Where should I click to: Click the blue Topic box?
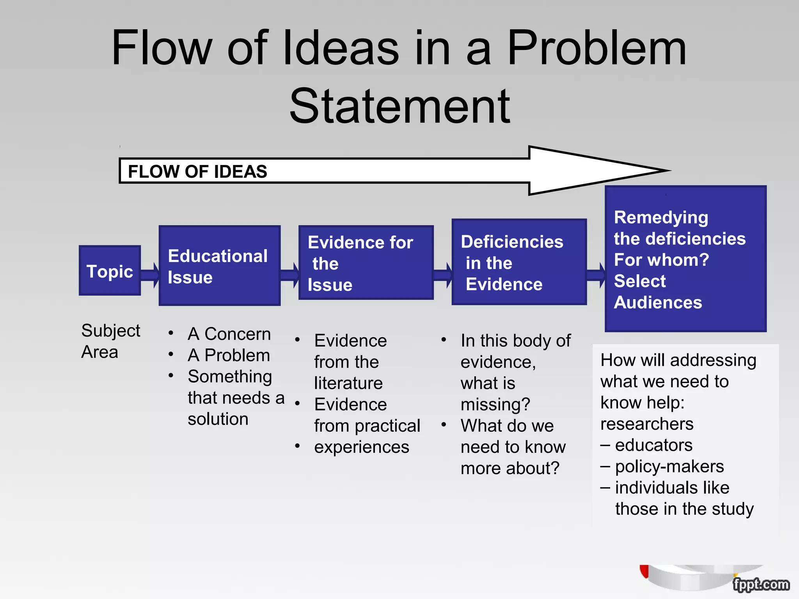(x=110, y=271)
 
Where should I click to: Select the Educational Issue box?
(x=219, y=266)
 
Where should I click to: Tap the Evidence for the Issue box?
(x=366, y=263)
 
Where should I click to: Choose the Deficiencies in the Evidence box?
(x=519, y=262)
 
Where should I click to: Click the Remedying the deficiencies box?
(x=685, y=259)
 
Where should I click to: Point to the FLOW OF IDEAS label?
(x=197, y=172)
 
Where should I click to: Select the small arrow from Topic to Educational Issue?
(x=150, y=275)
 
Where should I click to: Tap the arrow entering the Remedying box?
(x=596, y=275)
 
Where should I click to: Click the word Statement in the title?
(x=399, y=106)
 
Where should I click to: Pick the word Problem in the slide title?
(x=596, y=48)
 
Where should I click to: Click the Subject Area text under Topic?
(x=110, y=341)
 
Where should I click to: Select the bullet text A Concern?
(x=229, y=334)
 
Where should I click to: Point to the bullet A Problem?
(x=229, y=355)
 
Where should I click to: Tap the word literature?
(x=348, y=383)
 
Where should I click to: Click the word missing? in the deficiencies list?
(x=495, y=404)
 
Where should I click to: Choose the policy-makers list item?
(x=669, y=466)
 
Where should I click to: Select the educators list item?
(x=653, y=445)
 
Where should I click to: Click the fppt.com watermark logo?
(x=761, y=585)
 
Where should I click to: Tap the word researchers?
(x=647, y=424)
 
